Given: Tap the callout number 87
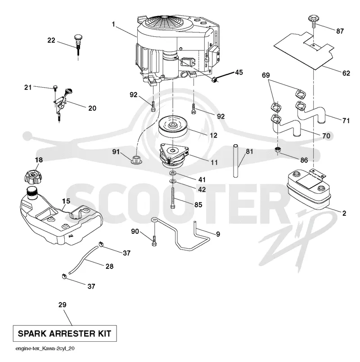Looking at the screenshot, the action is pyautogui.click(x=340, y=31).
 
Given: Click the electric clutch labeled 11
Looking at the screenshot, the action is pyautogui.click(x=174, y=156).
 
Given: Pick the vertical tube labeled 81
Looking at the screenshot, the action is pyautogui.click(x=235, y=161).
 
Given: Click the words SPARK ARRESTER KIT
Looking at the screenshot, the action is pyautogui.click(x=64, y=333).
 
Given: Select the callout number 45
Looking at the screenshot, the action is pyautogui.click(x=239, y=72).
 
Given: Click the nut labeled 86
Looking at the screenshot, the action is pyautogui.click(x=278, y=149).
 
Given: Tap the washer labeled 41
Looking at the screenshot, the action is pyautogui.click(x=173, y=173).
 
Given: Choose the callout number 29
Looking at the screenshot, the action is pyautogui.click(x=63, y=305).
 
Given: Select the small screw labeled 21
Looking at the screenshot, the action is pyautogui.click(x=55, y=88).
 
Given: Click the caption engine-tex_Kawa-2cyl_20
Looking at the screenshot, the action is pyautogui.click(x=45, y=349).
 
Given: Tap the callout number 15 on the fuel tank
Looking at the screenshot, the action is pyautogui.click(x=66, y=201).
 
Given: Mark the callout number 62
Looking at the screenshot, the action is pyautogui.click(x=346, y=73).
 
